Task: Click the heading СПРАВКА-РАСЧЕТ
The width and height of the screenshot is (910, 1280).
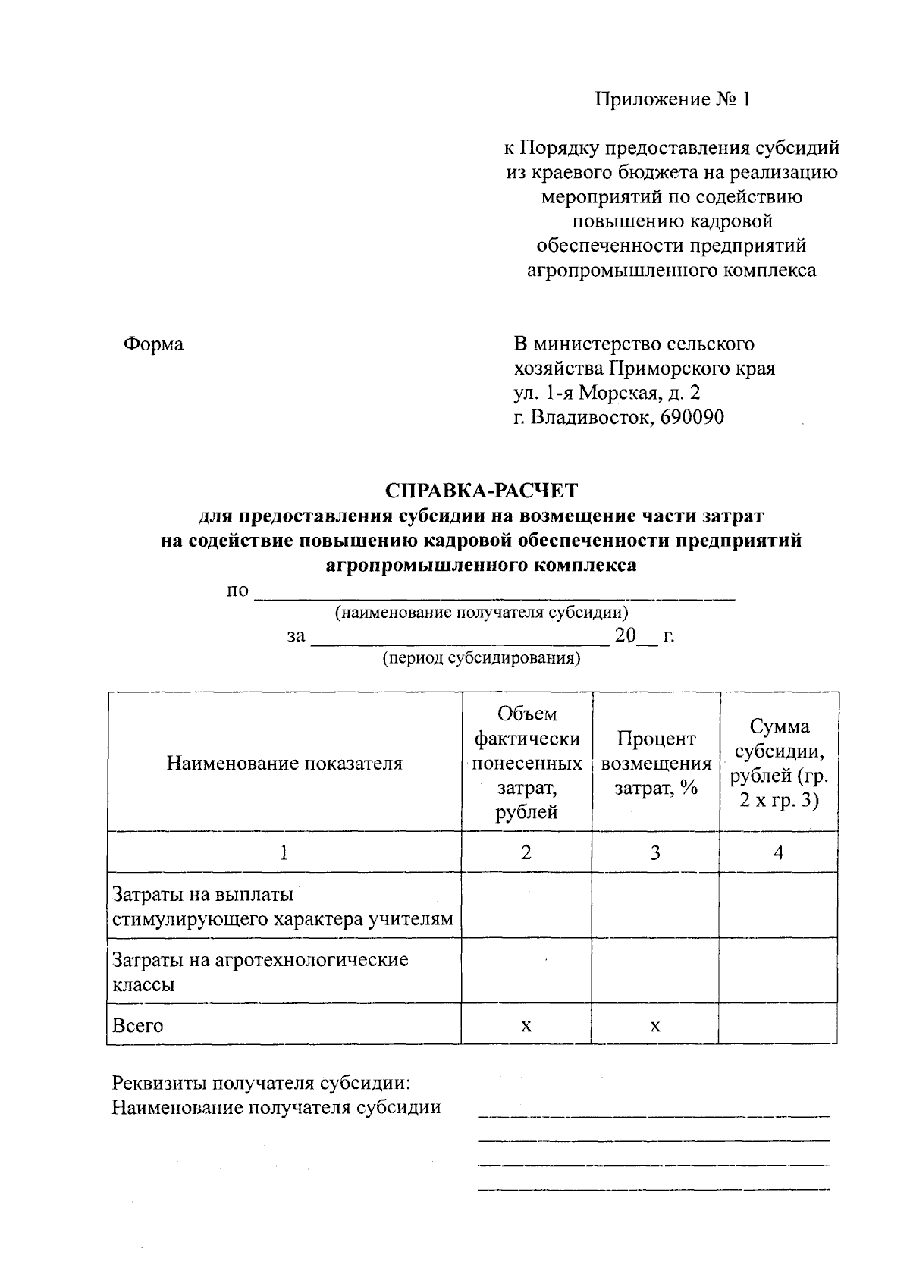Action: coord(482,491)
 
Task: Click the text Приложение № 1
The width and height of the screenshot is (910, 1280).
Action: coord(672,100)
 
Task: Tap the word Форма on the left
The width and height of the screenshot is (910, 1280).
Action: coord(153,344)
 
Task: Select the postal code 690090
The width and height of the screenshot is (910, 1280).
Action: coord(692,417)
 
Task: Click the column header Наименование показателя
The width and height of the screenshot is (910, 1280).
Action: coord(284,763)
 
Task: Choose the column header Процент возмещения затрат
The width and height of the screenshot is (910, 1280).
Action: coord(656,763)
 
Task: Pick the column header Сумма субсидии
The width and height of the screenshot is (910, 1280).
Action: coord(779,763)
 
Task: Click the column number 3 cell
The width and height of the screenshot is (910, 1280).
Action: coord(655,852)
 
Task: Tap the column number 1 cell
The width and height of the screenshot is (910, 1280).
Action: coord(284,852)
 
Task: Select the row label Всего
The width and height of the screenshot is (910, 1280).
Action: coord(138,1025)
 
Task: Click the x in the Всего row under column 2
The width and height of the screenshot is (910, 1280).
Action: coord(526,1025)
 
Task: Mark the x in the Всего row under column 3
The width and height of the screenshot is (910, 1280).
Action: coord(655,1025)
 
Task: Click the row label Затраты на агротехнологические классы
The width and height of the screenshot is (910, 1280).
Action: coord(260,971)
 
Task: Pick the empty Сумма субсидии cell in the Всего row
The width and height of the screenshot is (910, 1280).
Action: coord(779,1024)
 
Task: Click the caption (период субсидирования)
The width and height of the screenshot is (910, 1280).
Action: coord(482,658)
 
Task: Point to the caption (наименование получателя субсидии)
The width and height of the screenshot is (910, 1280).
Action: coord(482,612)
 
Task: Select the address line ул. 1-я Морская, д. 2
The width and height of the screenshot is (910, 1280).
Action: coord(607,393)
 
